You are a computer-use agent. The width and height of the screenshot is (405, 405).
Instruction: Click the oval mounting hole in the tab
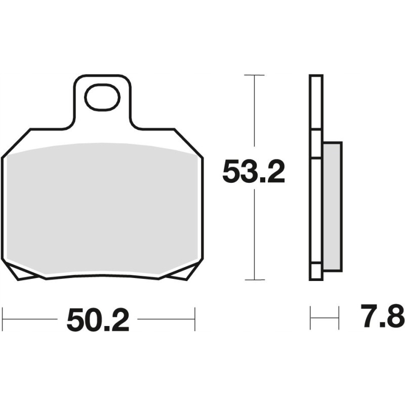pyautogui.click(x=102, y=98)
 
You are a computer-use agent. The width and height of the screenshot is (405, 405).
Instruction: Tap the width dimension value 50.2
pyautogui.click(x=98, y=320)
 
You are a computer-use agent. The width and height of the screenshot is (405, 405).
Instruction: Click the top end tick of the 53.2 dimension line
pyautogui.click(x=254, y=75)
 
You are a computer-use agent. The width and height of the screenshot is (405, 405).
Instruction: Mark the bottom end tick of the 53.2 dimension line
pyautogui.click(x=254, y=279)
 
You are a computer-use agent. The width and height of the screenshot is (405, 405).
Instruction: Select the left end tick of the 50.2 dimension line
pyautogui.click(x=3, y=319)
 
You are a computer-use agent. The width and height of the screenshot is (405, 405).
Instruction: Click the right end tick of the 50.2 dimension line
pyautogui.click(x=194, y=319)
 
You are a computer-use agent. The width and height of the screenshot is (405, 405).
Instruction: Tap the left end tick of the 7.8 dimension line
pyautogui.click(x=310, y=318)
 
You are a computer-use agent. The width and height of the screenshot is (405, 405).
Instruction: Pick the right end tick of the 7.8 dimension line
pyautogui.click(x=338, y=318)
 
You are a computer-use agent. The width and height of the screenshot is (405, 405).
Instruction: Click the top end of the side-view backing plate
pyautogui.click(x=315, y=77)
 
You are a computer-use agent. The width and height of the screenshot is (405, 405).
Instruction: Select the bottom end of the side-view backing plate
pyautogui.click(x=315, y=277)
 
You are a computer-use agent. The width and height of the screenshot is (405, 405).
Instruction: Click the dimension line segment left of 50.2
pyautogui.click(x=30, y=319)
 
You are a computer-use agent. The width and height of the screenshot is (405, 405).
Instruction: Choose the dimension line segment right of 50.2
pyautogui.click(x=166, y=319)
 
